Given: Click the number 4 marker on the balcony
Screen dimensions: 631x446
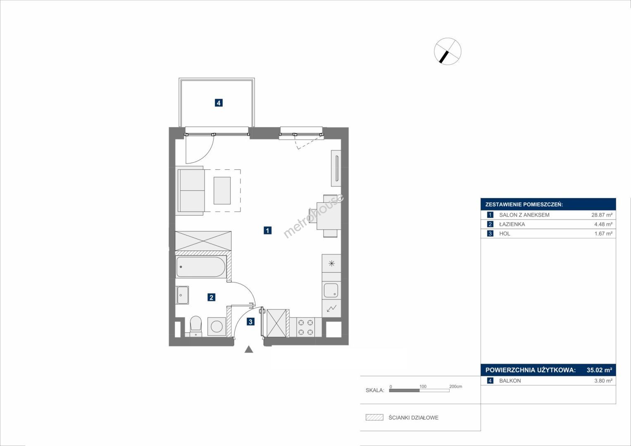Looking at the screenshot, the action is tap(219, 103).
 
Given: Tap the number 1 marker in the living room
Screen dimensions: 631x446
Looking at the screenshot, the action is tap(267, 230).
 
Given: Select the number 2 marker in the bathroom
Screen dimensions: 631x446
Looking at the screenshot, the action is tap(211, 297).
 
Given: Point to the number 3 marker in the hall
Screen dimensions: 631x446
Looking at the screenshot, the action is tap(250, 322).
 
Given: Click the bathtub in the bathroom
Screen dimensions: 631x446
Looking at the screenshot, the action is tap(200, 267).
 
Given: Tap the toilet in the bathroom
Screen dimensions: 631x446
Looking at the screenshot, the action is tap(196, 326).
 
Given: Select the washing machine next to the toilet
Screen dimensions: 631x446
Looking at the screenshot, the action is tap(217, 327).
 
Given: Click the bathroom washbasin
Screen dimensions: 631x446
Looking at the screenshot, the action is tap(183, 295).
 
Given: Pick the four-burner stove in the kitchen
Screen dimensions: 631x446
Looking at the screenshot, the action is tap(306, 327).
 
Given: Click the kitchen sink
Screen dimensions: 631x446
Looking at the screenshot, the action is tap(331, 291).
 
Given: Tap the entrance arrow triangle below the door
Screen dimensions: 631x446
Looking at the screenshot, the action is tap(248, 349).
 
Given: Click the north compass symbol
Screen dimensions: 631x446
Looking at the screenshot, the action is tap(448, 51).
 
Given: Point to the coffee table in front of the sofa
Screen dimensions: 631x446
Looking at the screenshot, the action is tap(222, 190).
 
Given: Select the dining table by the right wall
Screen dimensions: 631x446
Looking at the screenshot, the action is tap(329, 216).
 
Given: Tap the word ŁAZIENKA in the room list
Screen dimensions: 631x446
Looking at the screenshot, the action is tap(512, 224).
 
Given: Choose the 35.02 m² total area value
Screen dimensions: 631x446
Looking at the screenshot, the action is tap(600, 370).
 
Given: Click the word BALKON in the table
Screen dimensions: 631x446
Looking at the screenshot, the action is tap(510, 381).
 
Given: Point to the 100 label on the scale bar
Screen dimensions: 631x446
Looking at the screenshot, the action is tap(423, 386).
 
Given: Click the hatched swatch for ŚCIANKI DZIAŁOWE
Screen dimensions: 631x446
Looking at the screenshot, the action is tap(374, 417).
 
